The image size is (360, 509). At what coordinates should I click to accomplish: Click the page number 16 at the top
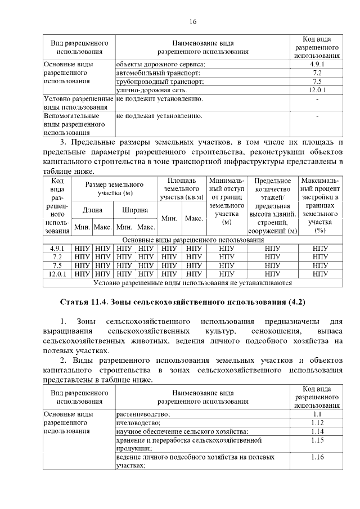coord(193,21)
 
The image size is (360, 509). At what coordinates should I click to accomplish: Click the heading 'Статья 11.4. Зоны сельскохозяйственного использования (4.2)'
coord(182,302)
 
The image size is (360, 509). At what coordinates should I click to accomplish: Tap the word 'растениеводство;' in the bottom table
coord(143,414)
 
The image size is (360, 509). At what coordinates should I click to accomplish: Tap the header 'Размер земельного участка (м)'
coord(114,188)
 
